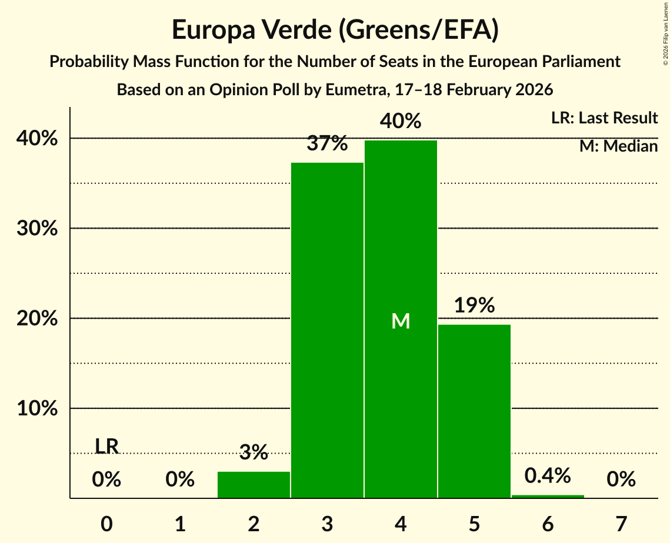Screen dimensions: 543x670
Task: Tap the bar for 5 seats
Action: [474, 411]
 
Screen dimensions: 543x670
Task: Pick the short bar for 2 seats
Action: [254, 485]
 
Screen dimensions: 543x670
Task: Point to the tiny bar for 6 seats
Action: [548, 497]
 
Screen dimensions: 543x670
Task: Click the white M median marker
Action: [401, 321]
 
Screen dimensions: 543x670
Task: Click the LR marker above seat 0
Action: [106, 447]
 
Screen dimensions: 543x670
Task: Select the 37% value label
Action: [327, 143]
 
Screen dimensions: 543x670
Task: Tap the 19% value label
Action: [474, 306]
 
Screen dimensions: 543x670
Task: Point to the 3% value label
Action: [254, 452]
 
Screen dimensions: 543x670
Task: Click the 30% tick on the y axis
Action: [36, 229]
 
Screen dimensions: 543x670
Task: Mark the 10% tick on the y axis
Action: [36, 408]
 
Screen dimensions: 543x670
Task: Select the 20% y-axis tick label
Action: [36, 319]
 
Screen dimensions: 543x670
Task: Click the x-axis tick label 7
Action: [621, 524]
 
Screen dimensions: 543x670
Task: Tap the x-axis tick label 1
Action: [180, 524]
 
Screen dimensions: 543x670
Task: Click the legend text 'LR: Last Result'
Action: [604, 118]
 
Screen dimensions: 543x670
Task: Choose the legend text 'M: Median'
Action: [618, 146]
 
